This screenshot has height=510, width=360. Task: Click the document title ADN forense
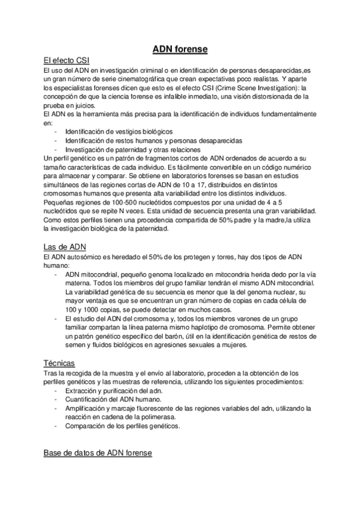click(180, 48)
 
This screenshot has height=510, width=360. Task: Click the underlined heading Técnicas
click(59, 363)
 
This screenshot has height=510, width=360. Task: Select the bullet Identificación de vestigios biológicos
click(119, 131)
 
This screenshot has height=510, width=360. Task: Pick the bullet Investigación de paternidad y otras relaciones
click(133, 149)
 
